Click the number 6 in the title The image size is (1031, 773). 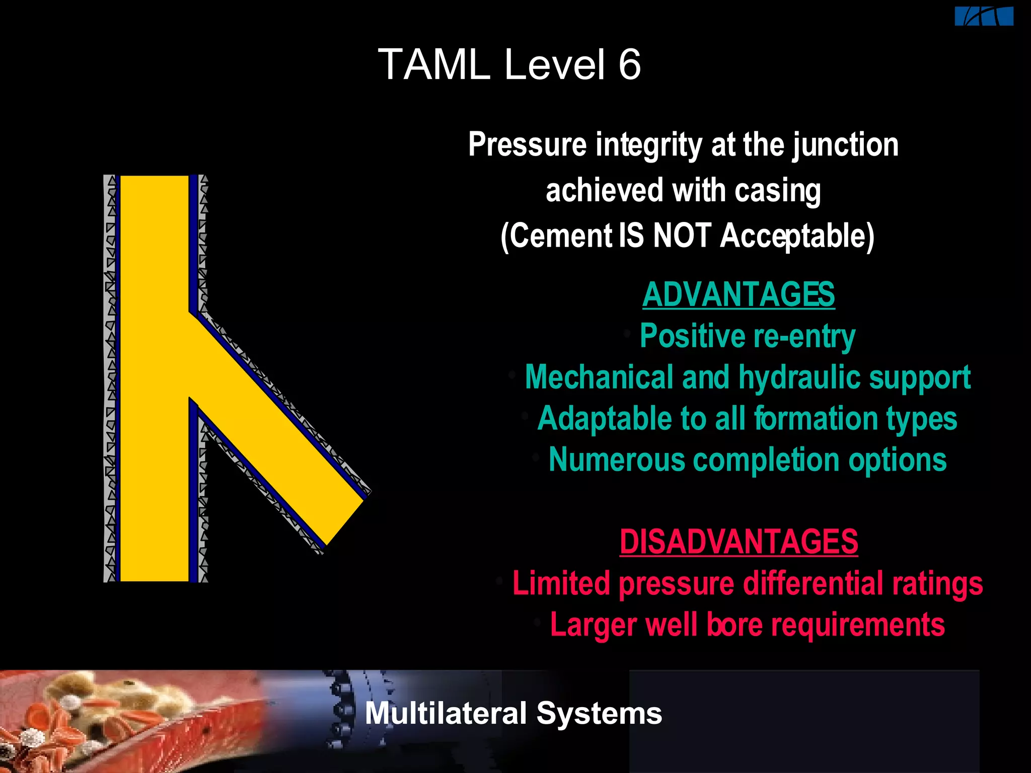point(629,65)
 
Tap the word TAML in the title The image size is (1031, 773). point(434,65)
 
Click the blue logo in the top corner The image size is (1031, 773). point(984,16)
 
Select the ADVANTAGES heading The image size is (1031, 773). point(739,294)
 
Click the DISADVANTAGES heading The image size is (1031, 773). point(739,542)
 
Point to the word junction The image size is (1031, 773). point(846,145)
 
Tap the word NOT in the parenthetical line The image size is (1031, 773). point(682,236)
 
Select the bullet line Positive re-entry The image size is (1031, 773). point(748,336)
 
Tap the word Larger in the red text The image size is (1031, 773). point(593,625)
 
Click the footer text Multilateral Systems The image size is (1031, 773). point(513,713)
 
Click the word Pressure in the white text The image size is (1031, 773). point(527,145)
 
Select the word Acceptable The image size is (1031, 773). point(797,236)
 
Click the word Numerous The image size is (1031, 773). point(617,460)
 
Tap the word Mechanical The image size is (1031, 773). point(599,377)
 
